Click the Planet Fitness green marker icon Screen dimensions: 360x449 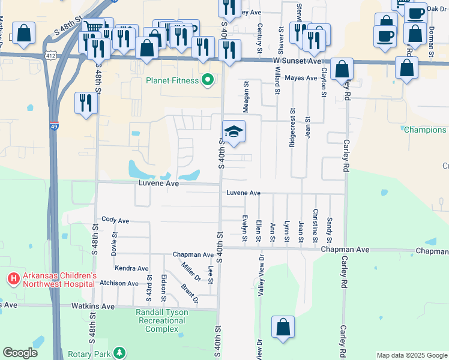[208, 80]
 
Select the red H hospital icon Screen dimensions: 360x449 [13, 279]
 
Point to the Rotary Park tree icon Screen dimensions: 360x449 [120, 352]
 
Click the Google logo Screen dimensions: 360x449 [20, 353]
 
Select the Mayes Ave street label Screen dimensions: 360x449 [301, 78]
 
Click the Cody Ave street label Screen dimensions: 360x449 [115, 220]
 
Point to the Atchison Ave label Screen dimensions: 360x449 [119, 283]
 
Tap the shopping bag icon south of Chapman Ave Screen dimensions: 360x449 [283, 328]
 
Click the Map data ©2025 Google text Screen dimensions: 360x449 [411, 355]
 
